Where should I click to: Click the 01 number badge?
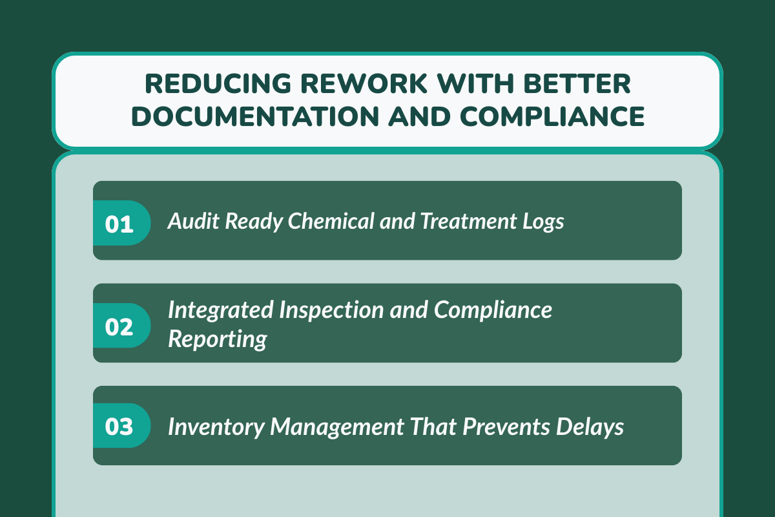120,223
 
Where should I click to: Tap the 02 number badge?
120,326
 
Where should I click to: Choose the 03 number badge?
120,427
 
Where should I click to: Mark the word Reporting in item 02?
218,339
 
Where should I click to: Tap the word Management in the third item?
333,427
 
